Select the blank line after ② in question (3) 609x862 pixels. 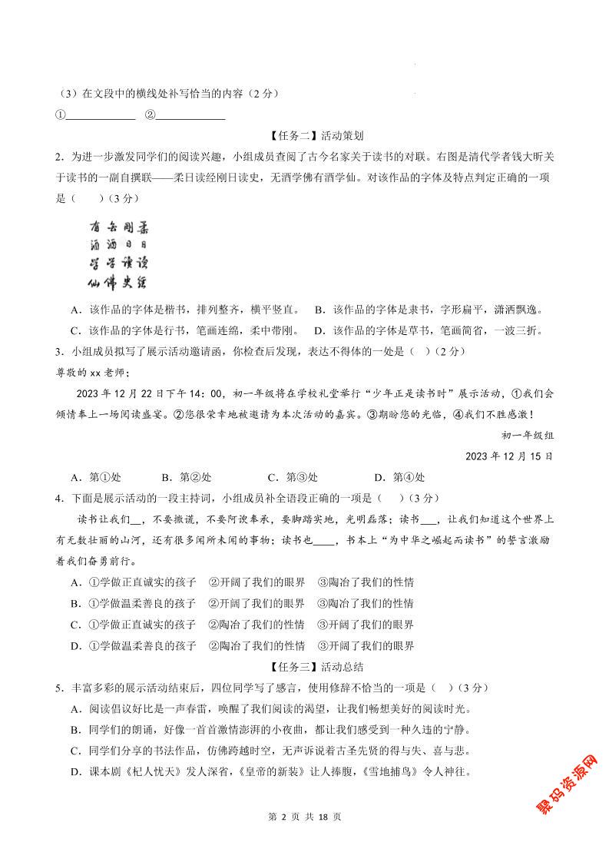190,116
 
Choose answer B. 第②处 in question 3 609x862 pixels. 186,476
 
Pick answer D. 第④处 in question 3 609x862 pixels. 399,476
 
